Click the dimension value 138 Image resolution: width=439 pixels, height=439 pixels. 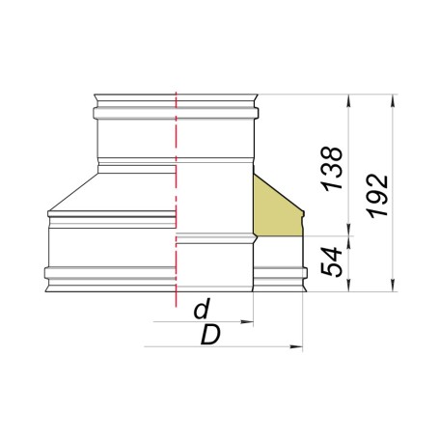(x=332, y=169)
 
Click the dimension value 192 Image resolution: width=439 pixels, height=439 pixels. (x=377, y=196)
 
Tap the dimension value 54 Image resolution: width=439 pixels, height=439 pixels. (x=331, y=261)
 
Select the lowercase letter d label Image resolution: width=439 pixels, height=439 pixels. (x=202, y=309)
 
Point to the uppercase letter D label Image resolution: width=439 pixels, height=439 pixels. (x=210, y=335)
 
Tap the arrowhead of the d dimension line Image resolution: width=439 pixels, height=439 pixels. (x=247, y=321)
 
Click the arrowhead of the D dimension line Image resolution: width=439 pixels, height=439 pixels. (x=296, y=346)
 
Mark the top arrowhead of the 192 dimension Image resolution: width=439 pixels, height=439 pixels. (x=393, y=100)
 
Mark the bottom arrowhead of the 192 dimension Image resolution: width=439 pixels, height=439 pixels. (x=393, y=286)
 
